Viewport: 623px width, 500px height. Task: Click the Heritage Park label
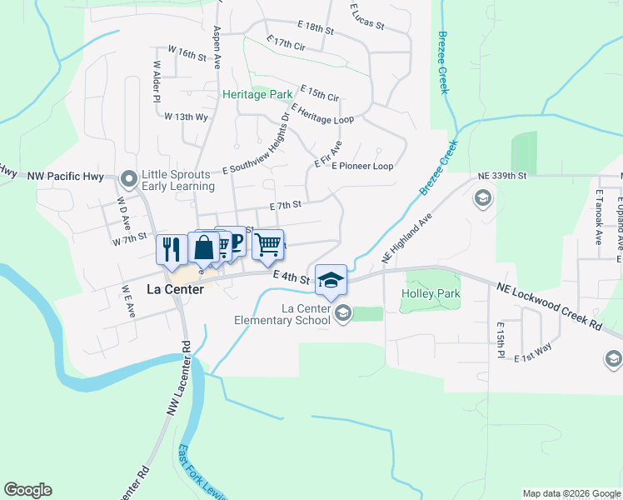257,94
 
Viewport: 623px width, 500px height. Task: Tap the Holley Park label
431,294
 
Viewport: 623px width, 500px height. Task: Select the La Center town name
177,290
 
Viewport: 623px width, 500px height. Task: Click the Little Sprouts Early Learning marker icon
128,179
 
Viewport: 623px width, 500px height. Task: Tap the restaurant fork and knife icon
171,249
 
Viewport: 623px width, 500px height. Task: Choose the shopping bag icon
204,247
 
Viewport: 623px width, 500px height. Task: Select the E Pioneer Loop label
362,166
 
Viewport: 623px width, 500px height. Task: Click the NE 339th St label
503,176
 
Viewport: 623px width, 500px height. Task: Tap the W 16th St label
187,54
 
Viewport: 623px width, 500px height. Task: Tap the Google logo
27,490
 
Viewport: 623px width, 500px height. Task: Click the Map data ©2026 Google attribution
571,493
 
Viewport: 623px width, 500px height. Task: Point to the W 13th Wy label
187,117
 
